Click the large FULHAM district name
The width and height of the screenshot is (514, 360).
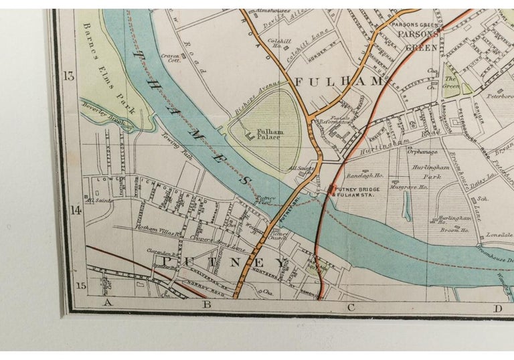tap(339, 82)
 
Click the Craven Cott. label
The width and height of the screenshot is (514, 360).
tap(171, 58)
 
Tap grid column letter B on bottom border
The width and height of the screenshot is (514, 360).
tap(207, 306)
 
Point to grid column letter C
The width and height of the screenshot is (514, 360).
tap(350, 308)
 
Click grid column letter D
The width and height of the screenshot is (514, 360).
tap(497, 308)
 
